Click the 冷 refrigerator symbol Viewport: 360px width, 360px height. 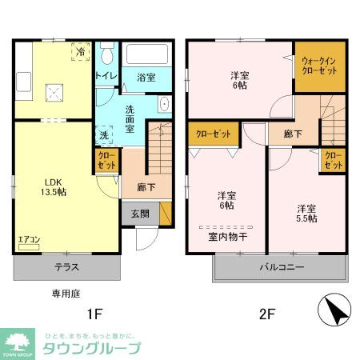click(x=81, y=52)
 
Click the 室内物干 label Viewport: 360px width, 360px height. click(x=228, y=237)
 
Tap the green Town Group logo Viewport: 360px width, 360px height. click(x=15, y=342)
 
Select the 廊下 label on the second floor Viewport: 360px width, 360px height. click(x=293, y=134)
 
